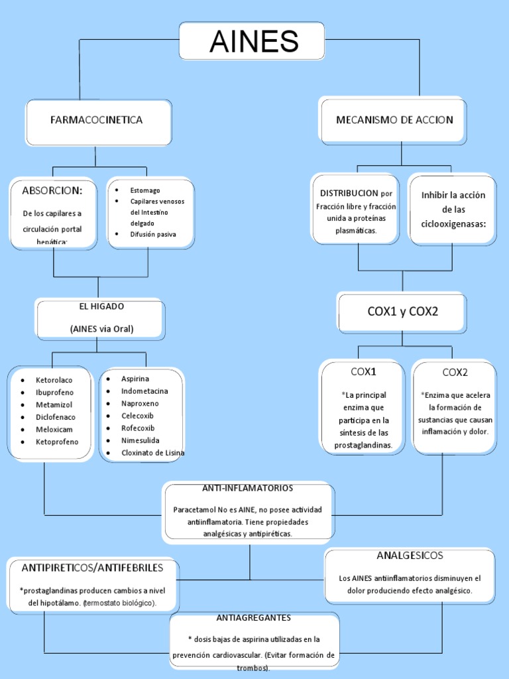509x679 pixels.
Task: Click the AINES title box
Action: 254,42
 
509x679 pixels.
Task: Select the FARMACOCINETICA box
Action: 97,120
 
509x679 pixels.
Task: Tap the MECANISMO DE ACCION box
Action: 394,120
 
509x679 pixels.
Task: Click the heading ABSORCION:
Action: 52,191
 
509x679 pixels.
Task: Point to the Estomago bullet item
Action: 145,190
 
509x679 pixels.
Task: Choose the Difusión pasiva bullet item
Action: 153,234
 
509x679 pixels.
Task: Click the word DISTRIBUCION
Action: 349,193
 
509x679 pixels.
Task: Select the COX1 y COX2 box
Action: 402,312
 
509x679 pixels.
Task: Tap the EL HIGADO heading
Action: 101,306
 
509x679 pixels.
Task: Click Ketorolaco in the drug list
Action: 54,380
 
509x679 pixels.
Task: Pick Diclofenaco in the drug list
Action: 56,417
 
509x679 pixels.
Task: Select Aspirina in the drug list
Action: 135,379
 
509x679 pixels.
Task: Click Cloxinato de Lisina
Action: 152,453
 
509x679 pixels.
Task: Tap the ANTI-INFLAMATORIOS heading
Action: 247,488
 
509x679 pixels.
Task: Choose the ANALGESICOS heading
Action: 410,556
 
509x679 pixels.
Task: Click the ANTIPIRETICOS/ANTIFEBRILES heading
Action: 92,568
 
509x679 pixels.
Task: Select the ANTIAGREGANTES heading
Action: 253,618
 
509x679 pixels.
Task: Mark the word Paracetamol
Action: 197,510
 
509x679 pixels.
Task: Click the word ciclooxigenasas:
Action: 453,224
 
